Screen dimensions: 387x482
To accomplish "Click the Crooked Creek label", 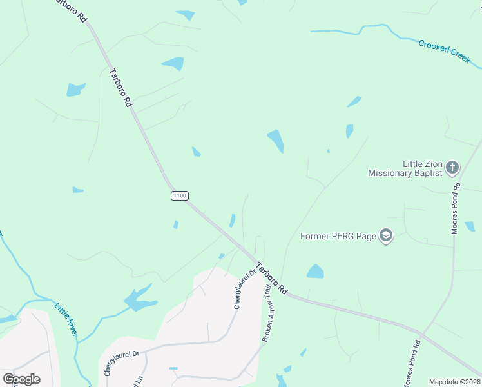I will pos(445,51).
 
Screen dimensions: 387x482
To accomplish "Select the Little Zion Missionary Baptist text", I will pos(405,168).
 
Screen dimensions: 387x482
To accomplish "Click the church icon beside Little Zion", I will pos(452,168).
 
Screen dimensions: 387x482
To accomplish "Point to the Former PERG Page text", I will pos(338,236).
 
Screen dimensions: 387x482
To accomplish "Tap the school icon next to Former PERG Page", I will pos(386,235).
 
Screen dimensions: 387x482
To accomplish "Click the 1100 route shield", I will pos(180,195).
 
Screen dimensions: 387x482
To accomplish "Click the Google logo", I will pos(21,379).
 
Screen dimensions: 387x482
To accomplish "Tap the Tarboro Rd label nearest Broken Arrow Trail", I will pos(272,278).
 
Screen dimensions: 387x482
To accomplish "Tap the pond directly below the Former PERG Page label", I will pos(315,272).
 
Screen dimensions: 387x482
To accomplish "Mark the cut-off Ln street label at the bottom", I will pos(137,381).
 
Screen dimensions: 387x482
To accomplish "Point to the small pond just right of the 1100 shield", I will pos(232,221).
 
